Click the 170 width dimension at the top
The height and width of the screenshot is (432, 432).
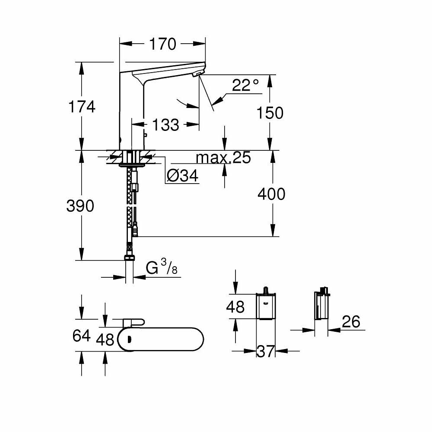tap(162, 44)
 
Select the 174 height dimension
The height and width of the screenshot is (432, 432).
tap(81, 106)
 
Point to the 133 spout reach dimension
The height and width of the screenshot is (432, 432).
tap(166, 125)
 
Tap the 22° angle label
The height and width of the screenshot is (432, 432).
tap(245, 85)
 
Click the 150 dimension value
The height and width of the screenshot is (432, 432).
tap(270, 113)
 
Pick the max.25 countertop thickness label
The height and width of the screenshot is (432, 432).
tap(223, 158)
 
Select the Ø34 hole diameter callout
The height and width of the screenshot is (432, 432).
tap(182, 175)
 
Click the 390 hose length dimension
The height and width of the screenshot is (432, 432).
tap(80, 206)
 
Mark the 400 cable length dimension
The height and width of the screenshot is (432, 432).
tap(271, 194)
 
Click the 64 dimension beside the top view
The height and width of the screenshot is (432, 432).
tap(81, 336)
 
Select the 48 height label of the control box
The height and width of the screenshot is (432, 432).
tap(235, 307)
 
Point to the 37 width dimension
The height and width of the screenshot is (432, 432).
tap(266, 351)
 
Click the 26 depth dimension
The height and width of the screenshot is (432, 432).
tap(350, 321)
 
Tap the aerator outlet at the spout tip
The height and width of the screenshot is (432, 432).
tap(197, 75)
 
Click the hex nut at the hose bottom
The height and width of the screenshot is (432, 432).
tap(129, 258)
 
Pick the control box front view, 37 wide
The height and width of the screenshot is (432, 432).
tap(266, 306)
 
